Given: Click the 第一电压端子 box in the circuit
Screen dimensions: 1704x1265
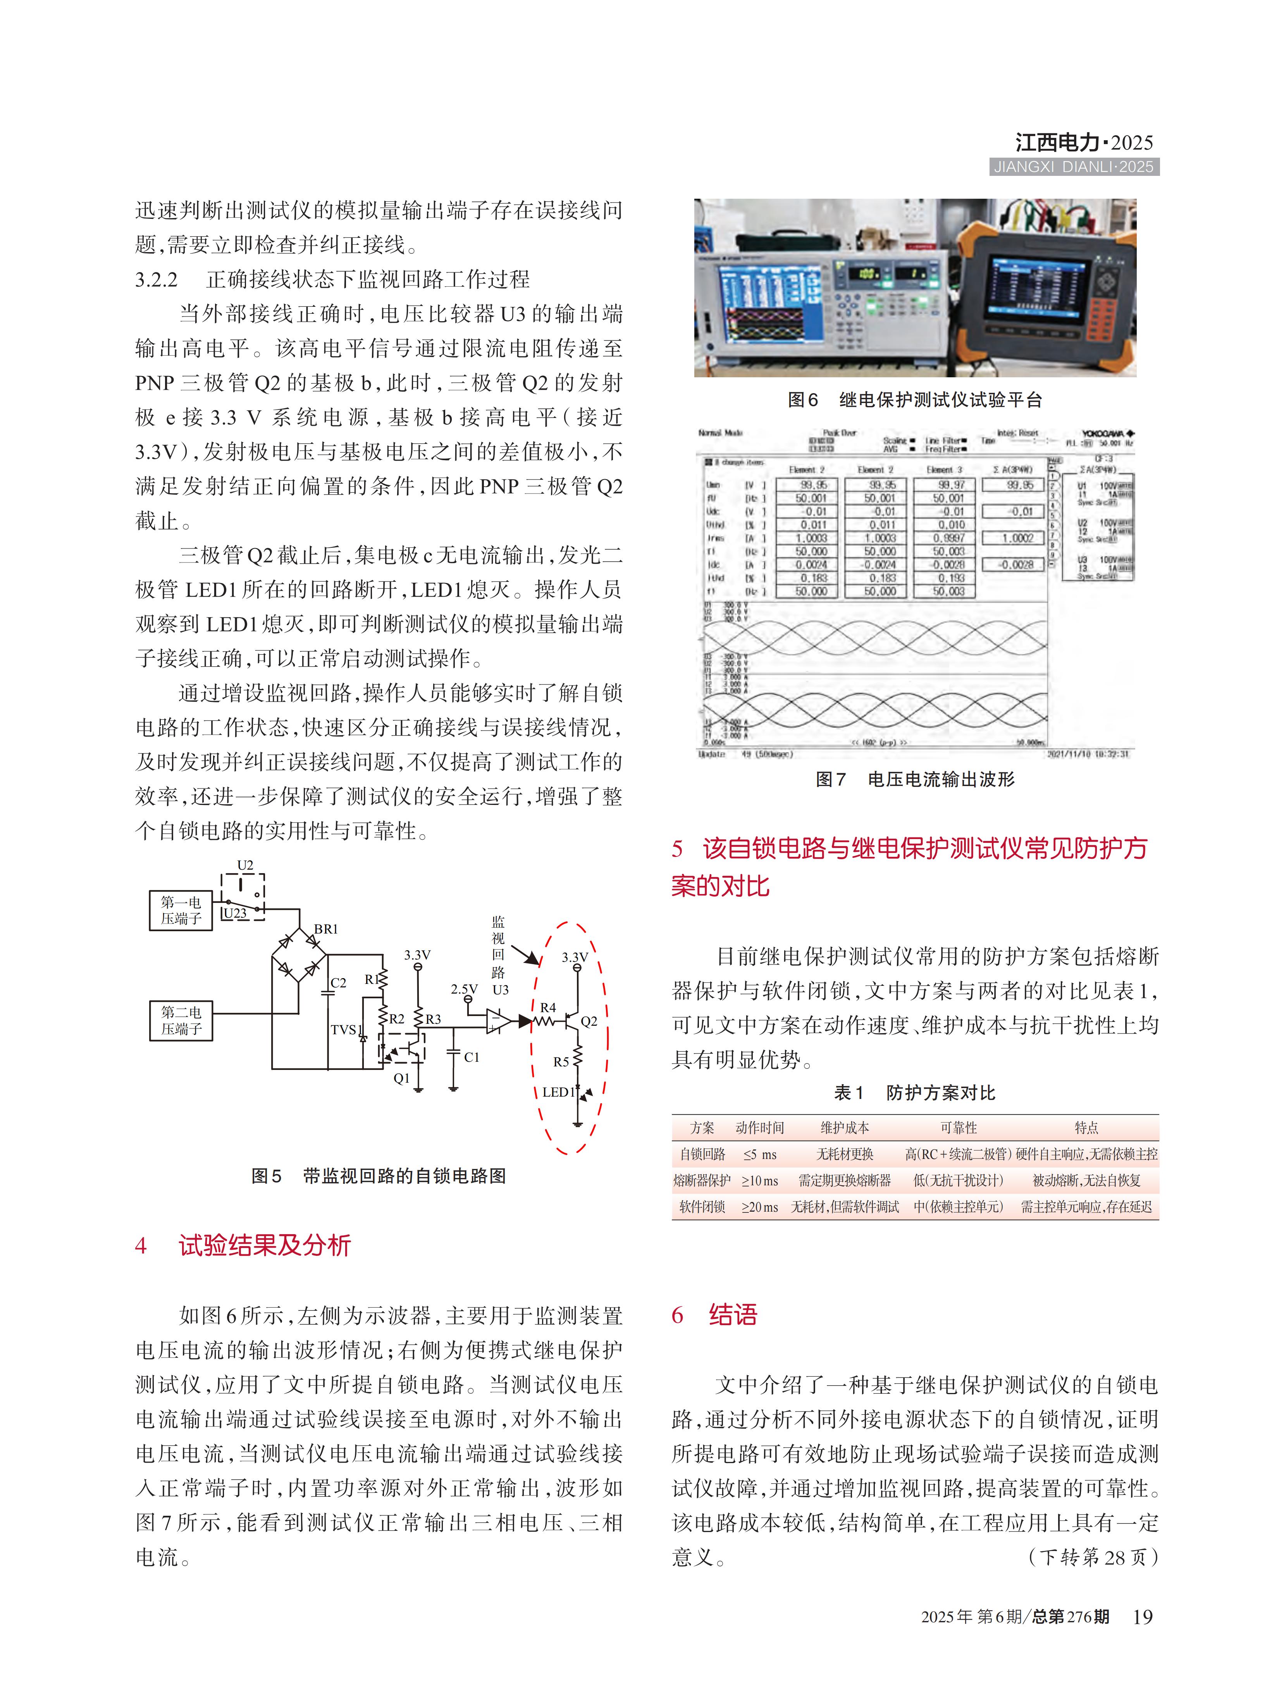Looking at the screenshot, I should tap(181, 910).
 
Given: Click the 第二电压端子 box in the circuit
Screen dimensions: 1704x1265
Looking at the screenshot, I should tap(181, 1020).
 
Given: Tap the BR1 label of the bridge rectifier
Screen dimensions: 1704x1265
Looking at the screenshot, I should tap(325, 929).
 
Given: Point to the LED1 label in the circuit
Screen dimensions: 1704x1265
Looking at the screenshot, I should tap(558, 1092).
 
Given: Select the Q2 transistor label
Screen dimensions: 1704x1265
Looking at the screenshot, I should tap(589, 1020).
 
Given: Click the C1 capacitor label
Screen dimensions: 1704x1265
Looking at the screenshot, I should tap(472, 1057).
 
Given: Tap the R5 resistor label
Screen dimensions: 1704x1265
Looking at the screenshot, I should tap(561, 1062).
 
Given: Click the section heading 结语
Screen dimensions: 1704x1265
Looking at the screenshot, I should tap(733, 1314).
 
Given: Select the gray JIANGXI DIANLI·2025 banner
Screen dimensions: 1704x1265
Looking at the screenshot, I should tap(1074, 167).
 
